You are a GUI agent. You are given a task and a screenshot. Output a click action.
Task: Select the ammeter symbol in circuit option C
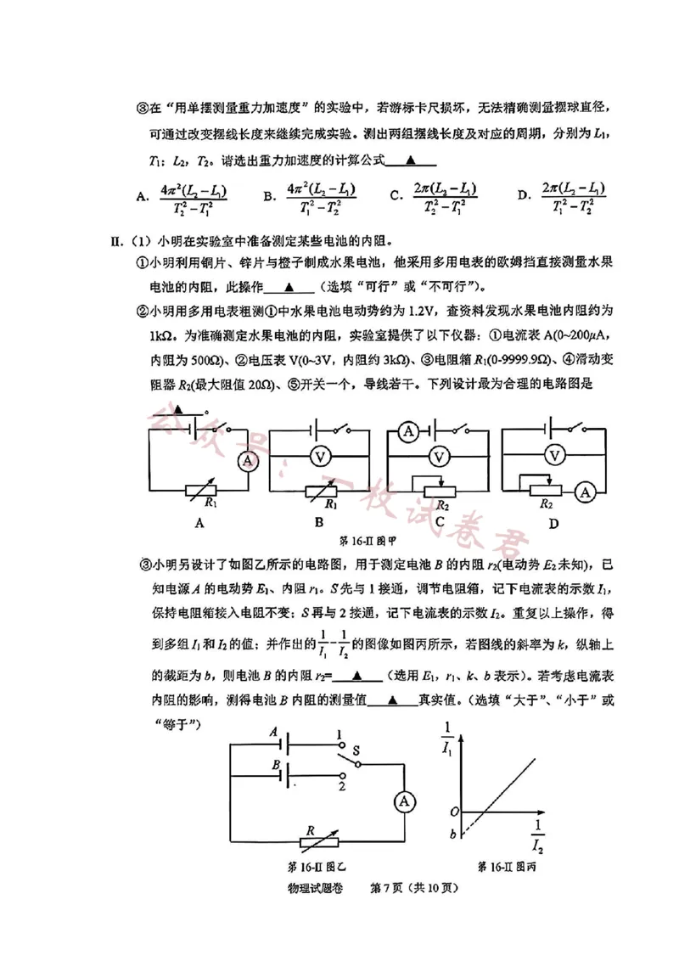click(407, 433)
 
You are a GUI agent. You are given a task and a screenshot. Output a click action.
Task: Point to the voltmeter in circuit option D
click(554, 456)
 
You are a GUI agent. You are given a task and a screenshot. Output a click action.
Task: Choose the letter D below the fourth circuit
click(553, 524)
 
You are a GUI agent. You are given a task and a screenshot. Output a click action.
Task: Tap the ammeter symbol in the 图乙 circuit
click(405, 801)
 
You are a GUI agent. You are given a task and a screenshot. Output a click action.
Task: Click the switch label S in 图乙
click(356, 750)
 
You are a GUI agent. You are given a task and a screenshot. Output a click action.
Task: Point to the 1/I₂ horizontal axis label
click(537, 836)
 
